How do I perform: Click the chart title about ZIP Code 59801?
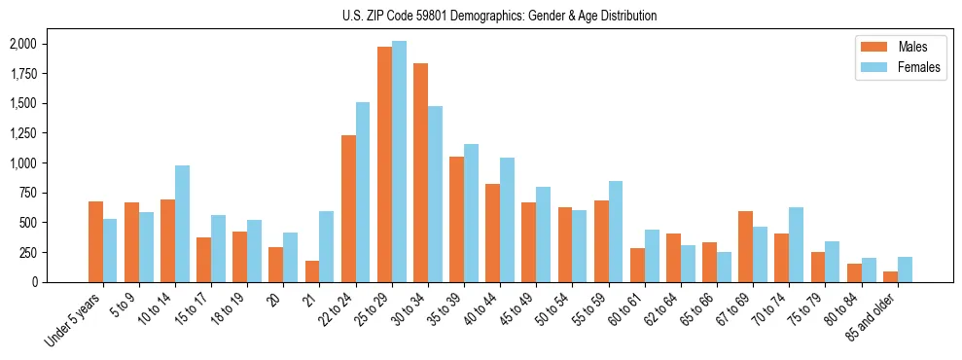(x=500, y=16)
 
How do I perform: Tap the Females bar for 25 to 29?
(x=399, y=162)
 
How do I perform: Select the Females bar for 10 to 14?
(x=183, y=224)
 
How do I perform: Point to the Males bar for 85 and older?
(x=890, y=276)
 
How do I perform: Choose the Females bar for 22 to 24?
(x=363, y=192)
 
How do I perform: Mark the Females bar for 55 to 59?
(x=616, y=232)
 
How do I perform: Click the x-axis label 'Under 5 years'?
(x=75, y=320)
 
